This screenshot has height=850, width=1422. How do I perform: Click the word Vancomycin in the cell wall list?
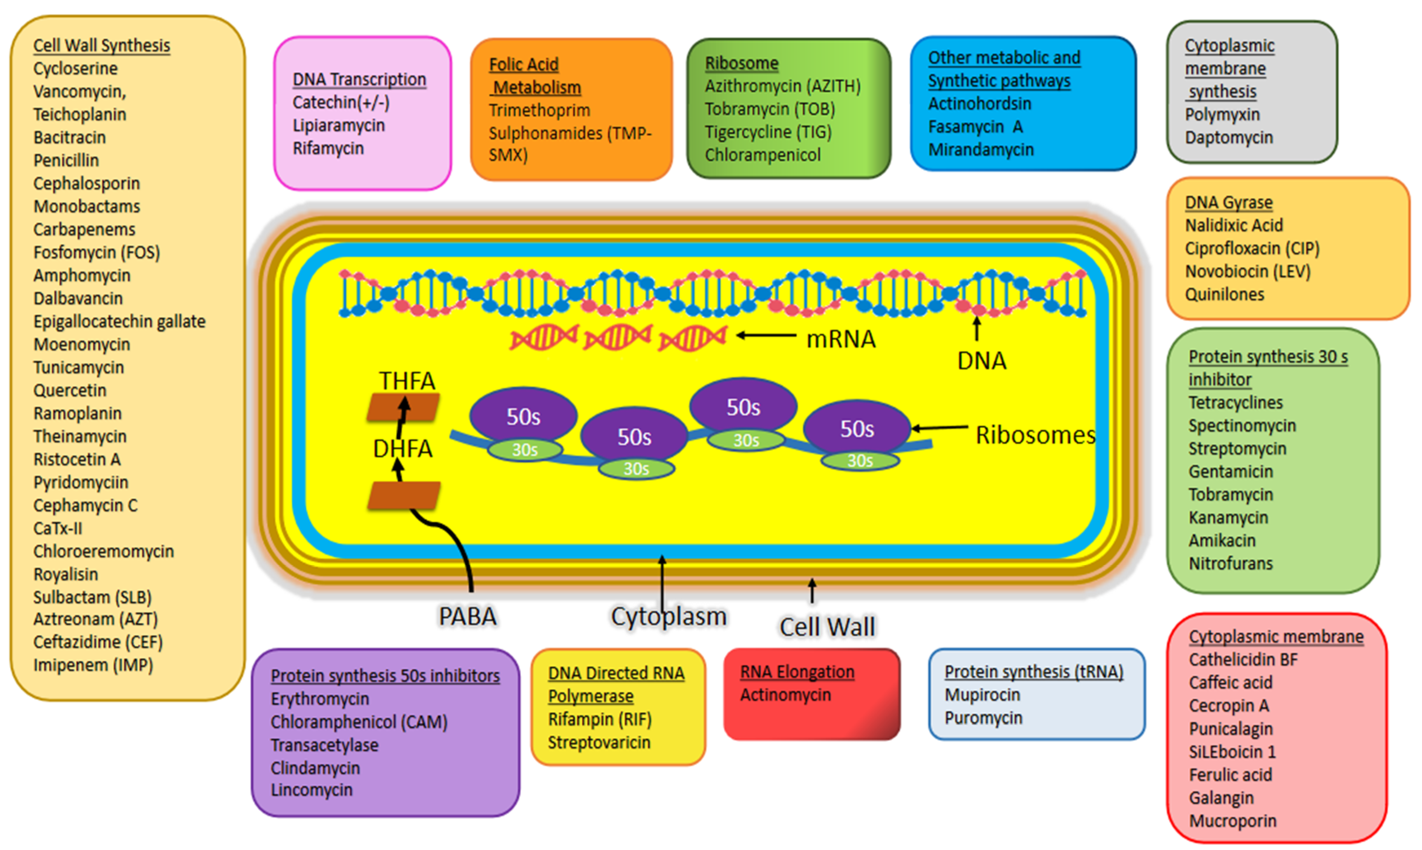click(x=78, y=92)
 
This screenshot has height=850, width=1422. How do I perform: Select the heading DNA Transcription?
click(x=359, y=79)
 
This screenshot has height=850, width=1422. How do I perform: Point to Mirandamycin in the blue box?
click(x=980, y=150)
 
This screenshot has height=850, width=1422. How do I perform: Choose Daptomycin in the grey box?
click(x=1228, y=138)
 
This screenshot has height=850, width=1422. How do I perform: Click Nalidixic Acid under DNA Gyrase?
click(x=1234, y=225)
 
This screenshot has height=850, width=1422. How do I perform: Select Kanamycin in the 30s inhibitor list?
click(x=1228, y=517)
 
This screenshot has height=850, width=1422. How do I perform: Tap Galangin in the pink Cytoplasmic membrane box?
click(x=1221, y=797)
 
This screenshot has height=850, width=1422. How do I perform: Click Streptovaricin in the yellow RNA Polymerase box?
click(x=599, y=742)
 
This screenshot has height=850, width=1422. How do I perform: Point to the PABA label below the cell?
click(x=467, y=617)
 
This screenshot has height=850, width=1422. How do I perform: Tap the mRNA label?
click(x=840, y=339)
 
